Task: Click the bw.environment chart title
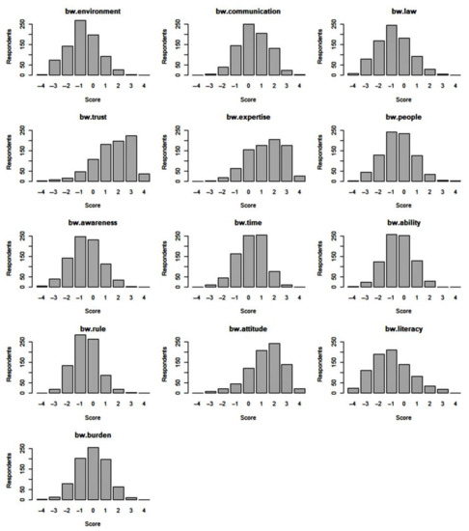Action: [87, 9]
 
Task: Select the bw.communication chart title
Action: [248, 9]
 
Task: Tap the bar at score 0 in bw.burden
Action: [93, 473]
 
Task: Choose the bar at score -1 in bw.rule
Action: [80, 364]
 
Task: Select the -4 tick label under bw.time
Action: [197, 296]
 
